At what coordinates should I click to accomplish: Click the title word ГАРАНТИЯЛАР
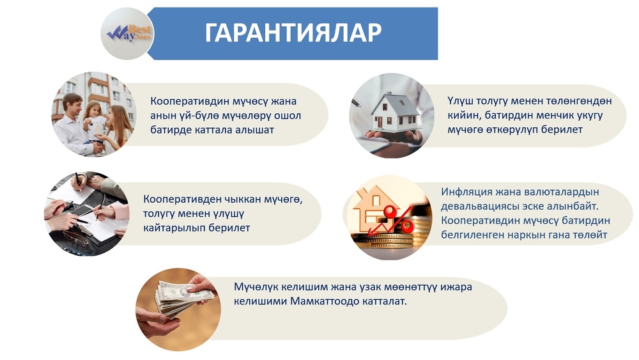[x=293, y=33]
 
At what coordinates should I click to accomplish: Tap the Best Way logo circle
[x=127, y=33]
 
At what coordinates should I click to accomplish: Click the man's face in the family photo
[x=72, y=105]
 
